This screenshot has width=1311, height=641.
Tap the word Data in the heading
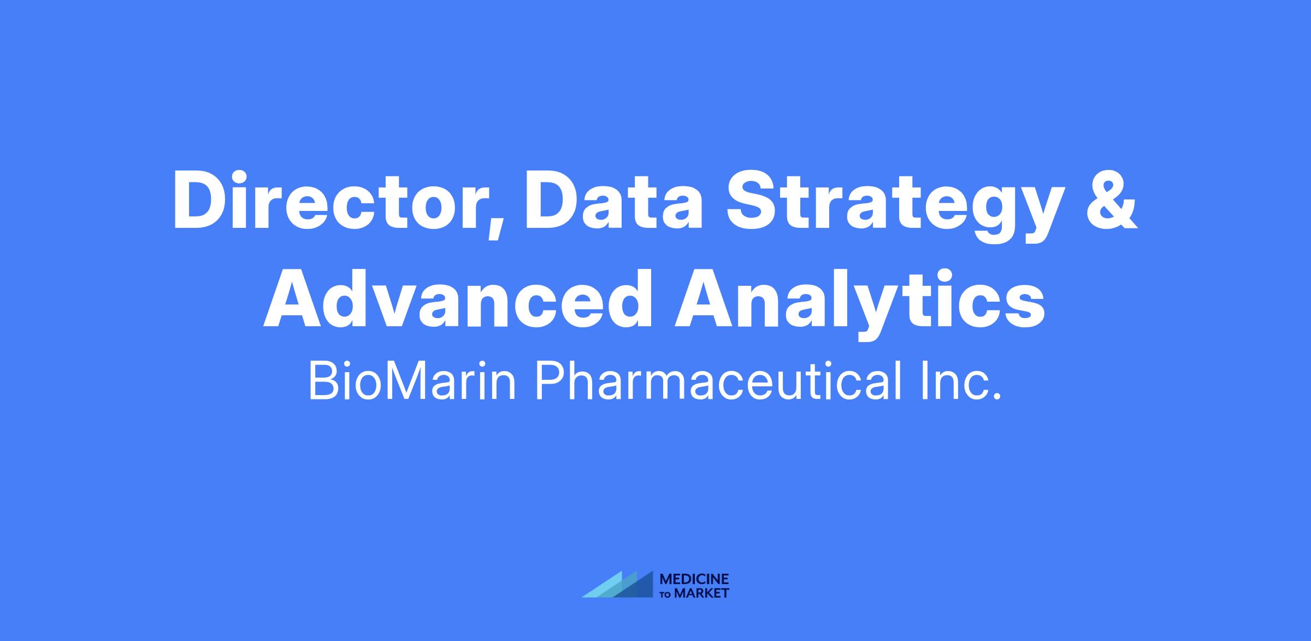coord(613,200)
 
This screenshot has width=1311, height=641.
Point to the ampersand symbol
coord(1112,200)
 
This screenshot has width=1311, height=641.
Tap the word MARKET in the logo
coord(702,593)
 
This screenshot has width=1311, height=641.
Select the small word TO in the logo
coord(666,594)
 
